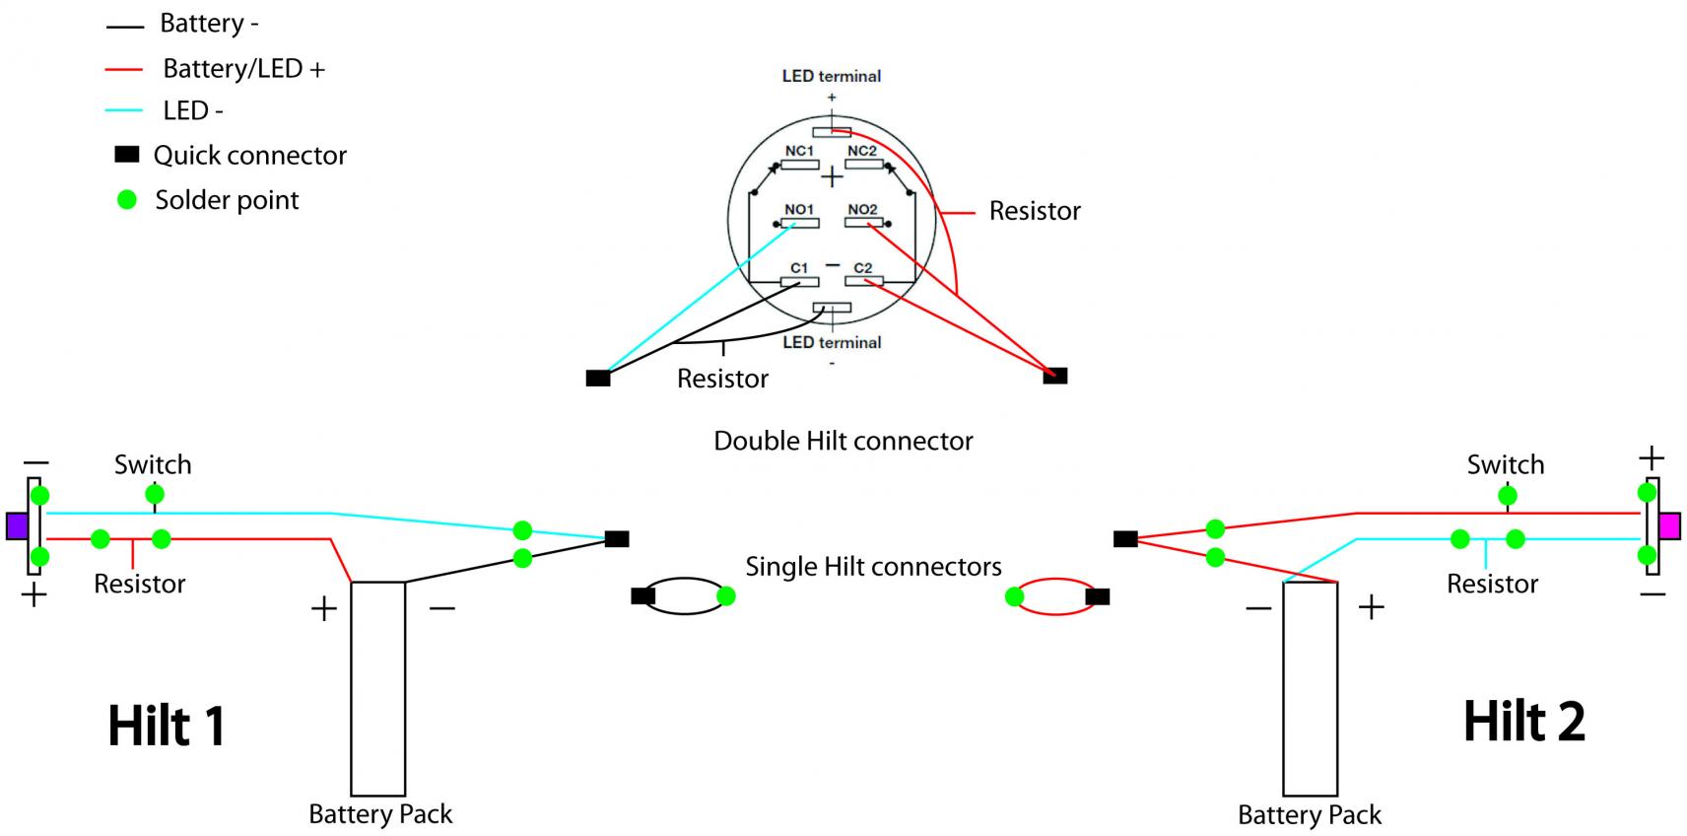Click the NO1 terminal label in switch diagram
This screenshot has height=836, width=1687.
(799, 209)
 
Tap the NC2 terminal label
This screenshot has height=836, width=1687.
(862, 151)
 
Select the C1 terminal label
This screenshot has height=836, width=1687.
(799, 267)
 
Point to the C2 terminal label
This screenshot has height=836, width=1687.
(863, 267)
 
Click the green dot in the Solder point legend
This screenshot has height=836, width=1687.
(127, 200)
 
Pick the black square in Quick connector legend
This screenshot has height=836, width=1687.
(127, 154)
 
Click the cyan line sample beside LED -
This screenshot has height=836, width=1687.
(124, 110)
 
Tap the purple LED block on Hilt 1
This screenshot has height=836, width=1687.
(16, 525)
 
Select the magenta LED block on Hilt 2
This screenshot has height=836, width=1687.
(1669, 525)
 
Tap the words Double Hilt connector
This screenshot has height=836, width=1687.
(843, 441)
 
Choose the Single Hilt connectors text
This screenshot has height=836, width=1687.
(873, 567)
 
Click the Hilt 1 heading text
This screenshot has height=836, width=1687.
(167, 727)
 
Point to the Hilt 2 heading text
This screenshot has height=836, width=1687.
(1523, 722)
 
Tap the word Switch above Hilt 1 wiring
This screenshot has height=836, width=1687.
(153, 464)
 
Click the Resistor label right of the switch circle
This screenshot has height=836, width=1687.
(1035, 211)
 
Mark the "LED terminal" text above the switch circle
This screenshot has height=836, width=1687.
(832, 76)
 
